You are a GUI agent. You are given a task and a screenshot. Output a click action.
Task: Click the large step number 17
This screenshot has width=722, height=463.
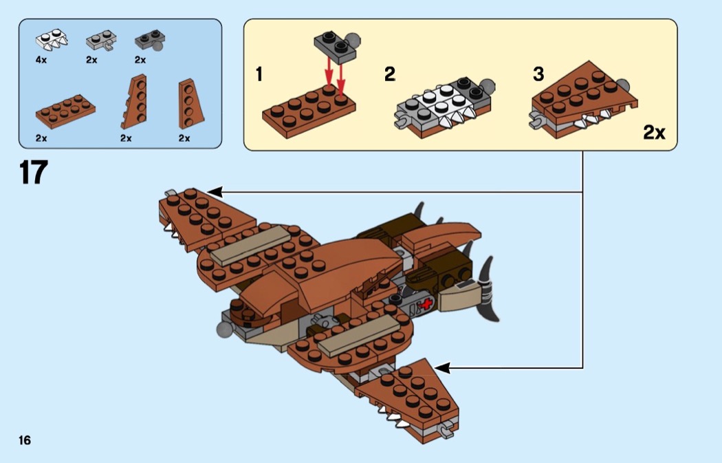(33, 172)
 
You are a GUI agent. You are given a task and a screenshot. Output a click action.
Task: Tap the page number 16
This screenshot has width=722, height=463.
(25, 440)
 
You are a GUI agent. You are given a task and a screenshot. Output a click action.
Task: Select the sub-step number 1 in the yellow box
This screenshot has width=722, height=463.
(259, 74)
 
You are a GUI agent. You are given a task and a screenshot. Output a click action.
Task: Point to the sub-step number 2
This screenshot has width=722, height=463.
(390, 74)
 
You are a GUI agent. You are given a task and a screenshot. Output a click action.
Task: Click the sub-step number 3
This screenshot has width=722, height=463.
(538, 74)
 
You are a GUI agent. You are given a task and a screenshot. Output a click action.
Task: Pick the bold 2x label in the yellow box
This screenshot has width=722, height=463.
(654, 132)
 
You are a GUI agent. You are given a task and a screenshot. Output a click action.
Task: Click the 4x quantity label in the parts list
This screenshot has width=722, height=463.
(41, 60)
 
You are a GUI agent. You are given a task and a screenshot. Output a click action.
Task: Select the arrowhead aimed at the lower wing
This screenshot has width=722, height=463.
(440, 368)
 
